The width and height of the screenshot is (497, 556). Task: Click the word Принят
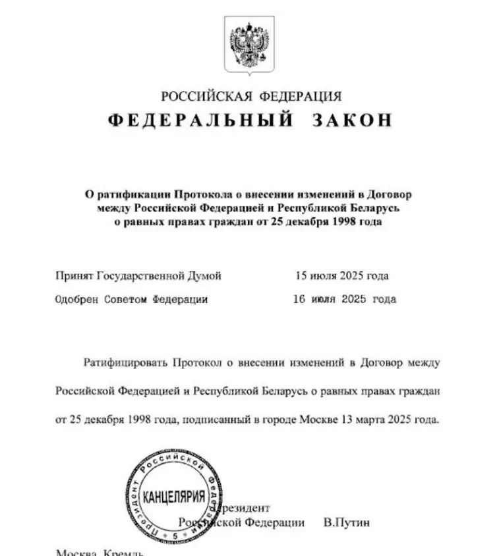click(75, 275)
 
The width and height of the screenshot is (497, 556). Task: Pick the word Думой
click(205, 275)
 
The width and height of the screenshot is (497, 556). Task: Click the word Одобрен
click(76, 299)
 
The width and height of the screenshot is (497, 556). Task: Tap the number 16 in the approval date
click(299, 299)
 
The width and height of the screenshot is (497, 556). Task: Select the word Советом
click(127, 299)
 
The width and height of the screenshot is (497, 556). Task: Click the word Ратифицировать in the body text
click(125, 362)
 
